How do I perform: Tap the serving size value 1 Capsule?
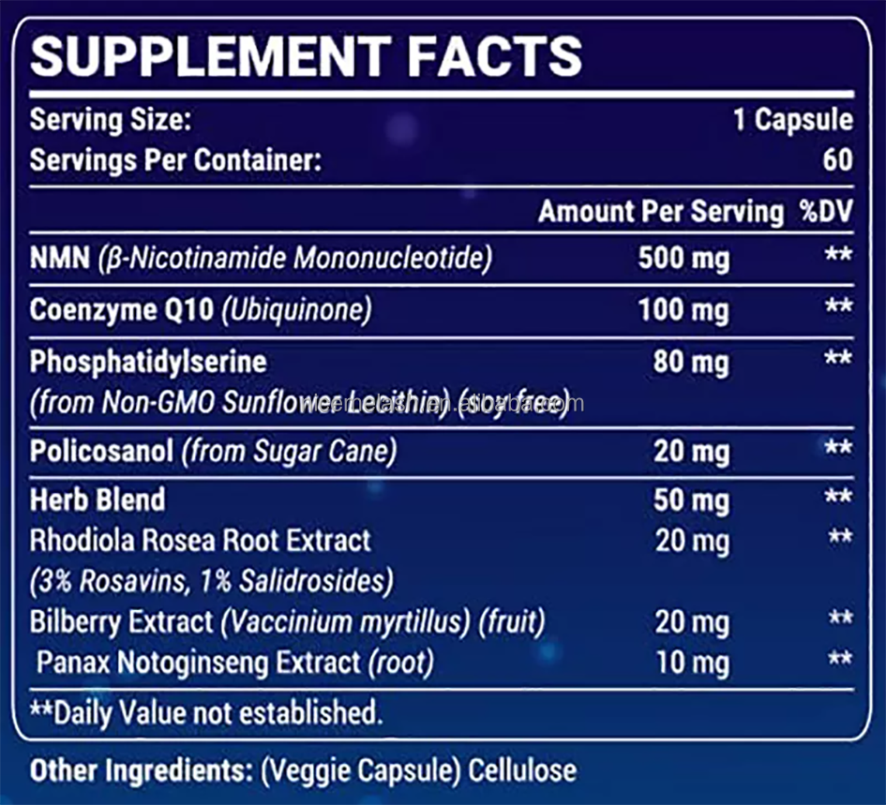click(x=793, y=120)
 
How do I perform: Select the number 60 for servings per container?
click(x=837, y=159)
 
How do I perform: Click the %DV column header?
click(x=825, y=212)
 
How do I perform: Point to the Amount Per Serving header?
click(x=660, y=212)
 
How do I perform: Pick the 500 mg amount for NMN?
click(x=683, y=259)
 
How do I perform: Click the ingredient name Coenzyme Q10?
click(x=121, y=310)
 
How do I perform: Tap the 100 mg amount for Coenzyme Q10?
click(x=683, y=310)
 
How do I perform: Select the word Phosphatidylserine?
click(x=148, y=362)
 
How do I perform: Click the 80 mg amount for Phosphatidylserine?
click(x=690, y=362)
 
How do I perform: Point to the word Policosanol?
click(x=101, y=452)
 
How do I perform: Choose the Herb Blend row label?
click(x=98, y=499)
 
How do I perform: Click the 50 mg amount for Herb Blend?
click(x=690, y=499)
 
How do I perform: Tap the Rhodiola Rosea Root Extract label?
click(x=201, y=541)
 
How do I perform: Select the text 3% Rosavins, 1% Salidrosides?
click(x=211, y=581)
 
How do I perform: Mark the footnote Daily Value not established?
click(x=206, y=712)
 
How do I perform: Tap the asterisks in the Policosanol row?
click(x=837, y=450)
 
